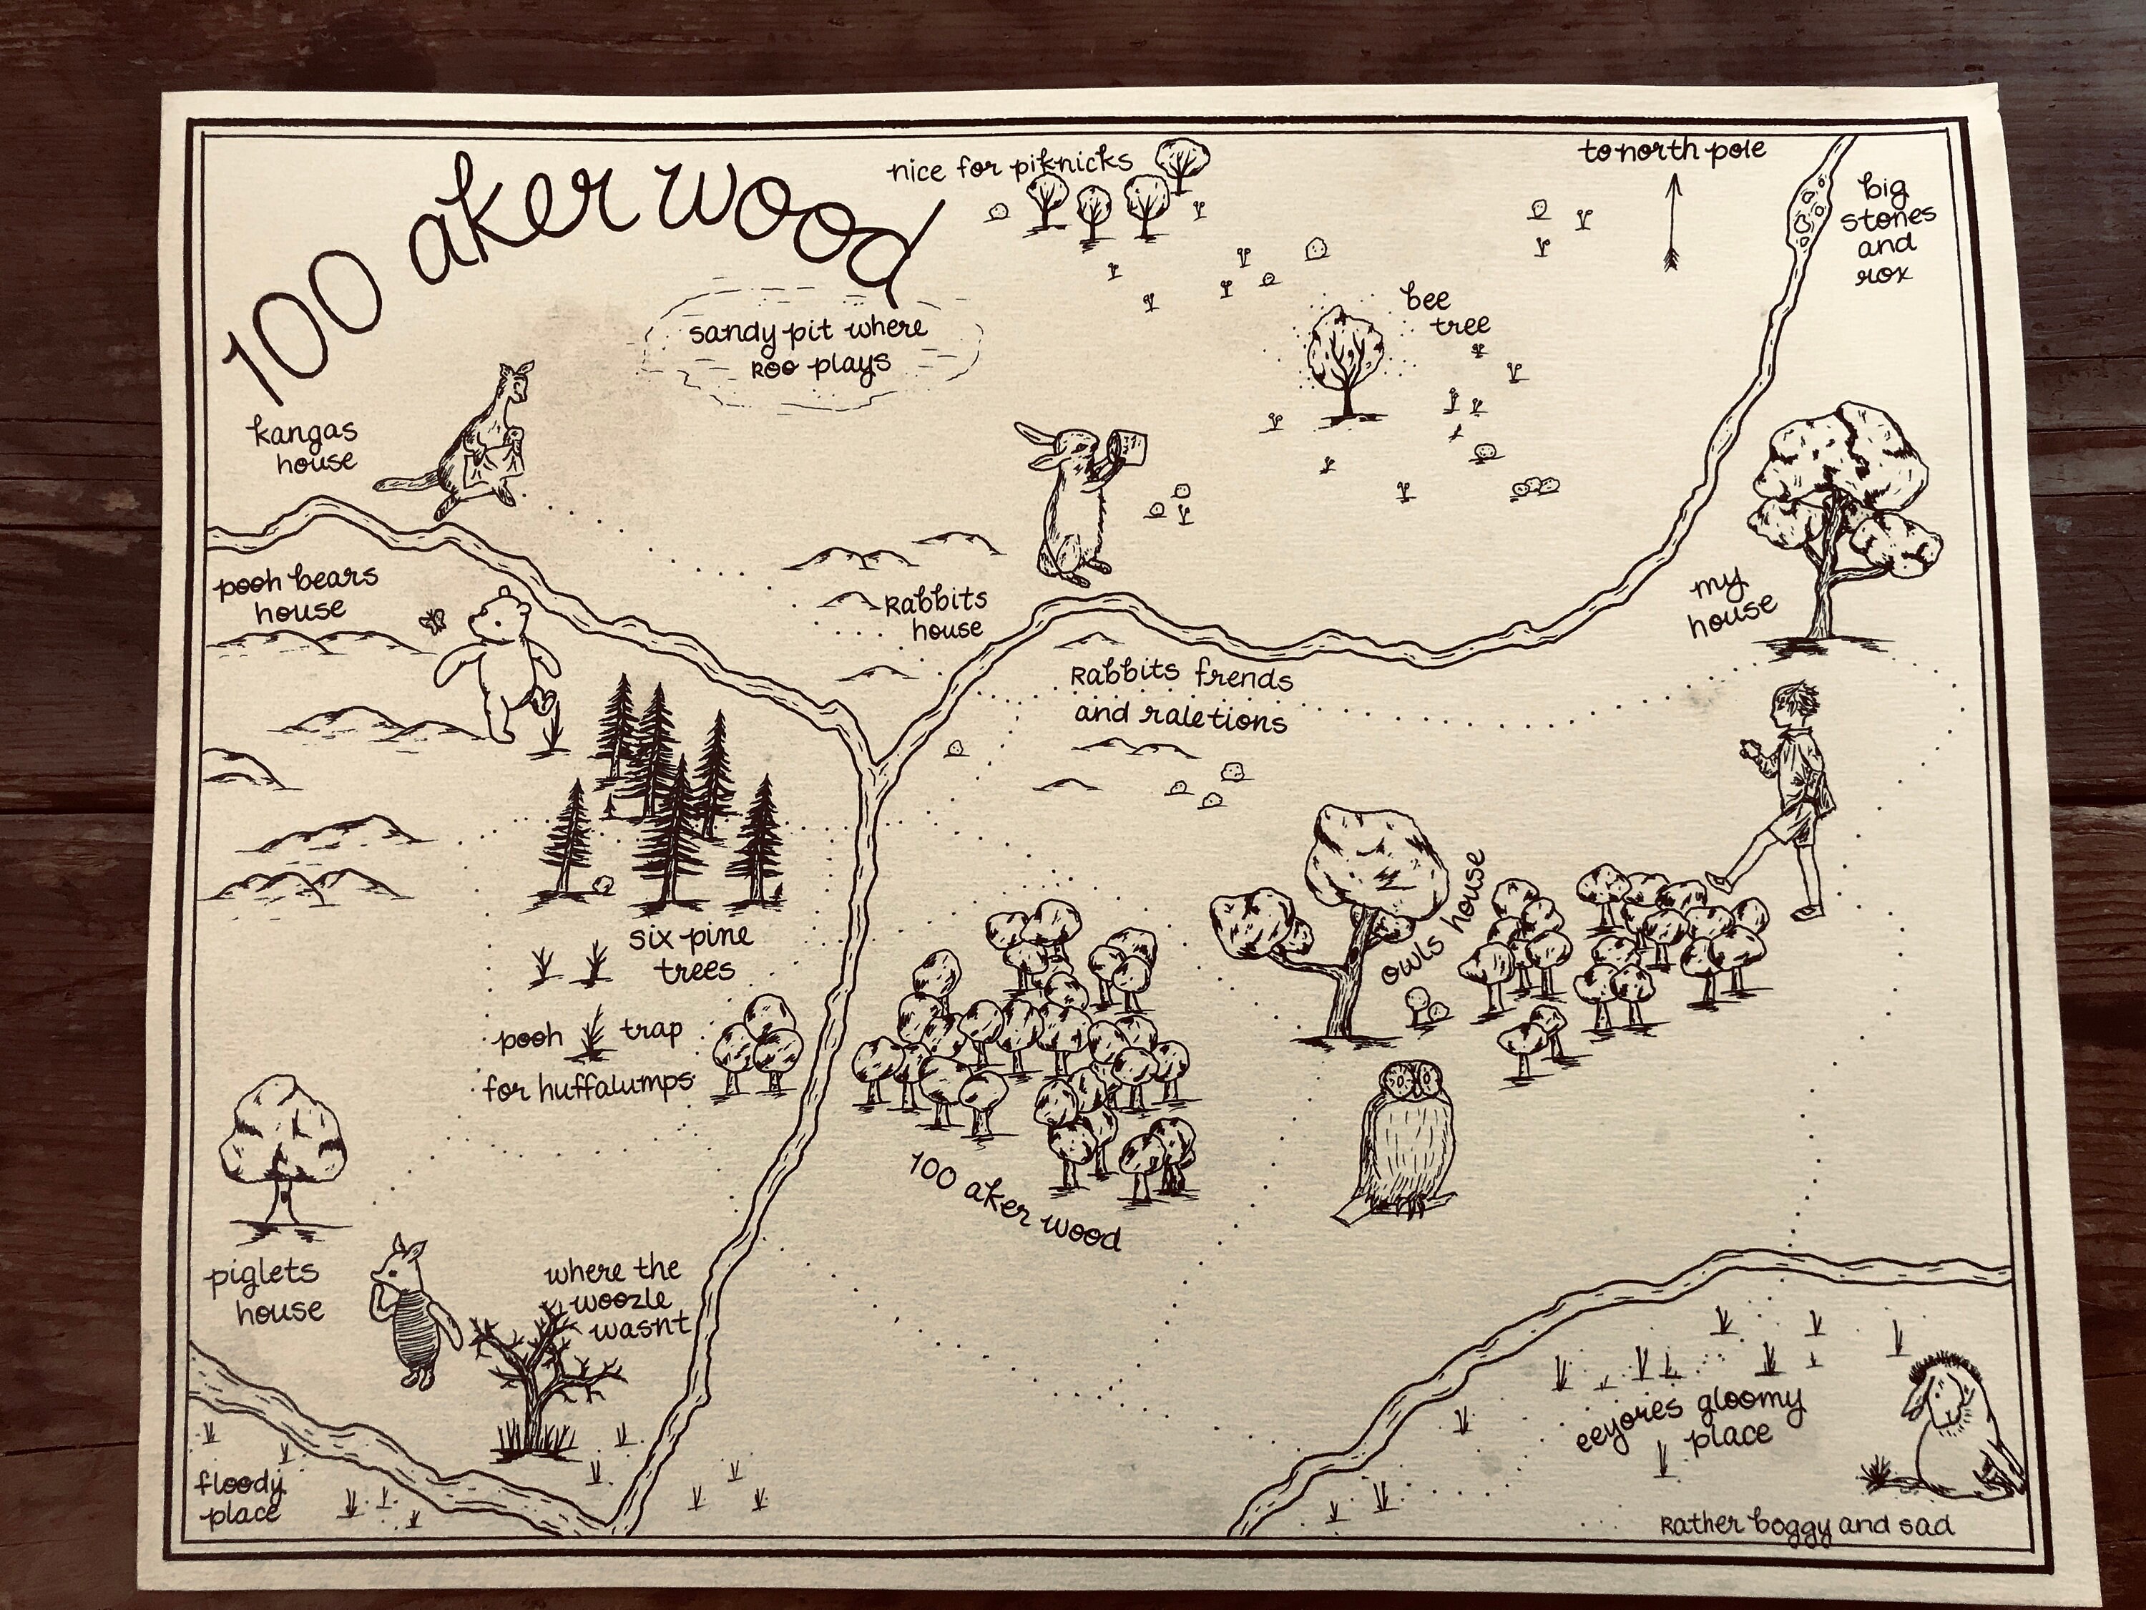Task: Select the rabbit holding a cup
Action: click(1072, 504)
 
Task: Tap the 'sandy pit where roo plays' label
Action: click(807, 349)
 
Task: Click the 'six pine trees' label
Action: click(689, 953)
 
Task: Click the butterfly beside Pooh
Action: click(430, 619)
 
